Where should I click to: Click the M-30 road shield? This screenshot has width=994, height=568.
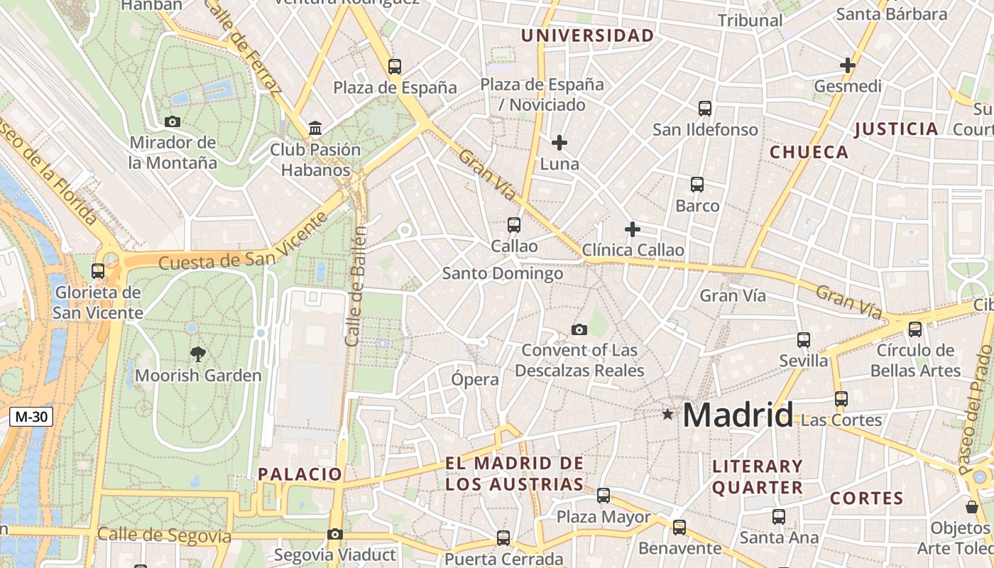(x=31, y=417)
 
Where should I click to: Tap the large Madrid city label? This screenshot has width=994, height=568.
(x=738, y=415)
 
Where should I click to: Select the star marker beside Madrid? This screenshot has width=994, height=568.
(x=667, y=414)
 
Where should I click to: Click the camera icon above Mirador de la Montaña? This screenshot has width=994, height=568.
(x=173, y=121)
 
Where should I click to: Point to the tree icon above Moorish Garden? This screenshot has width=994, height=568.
(x=198, y=353)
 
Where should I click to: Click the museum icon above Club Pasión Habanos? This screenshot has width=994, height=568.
(x=315, y=129)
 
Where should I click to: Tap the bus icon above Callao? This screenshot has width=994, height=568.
(x=514, y=225)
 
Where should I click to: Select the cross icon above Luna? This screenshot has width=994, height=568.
(x=559, y=143)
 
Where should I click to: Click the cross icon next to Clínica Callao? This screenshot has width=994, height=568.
(x=632, y=229)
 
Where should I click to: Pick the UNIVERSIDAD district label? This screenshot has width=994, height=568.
(x=587, y=35)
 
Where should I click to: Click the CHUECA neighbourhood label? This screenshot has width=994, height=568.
(x=809, y=152)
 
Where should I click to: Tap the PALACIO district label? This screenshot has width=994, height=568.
(x=300, y=474)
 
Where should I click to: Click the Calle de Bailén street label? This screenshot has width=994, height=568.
(x=356, y=285)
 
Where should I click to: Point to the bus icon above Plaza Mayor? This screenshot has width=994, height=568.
(x=603, y=496)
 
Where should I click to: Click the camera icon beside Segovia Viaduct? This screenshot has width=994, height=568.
(x=335, y=534)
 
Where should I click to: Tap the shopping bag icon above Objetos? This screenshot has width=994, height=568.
(x=972, y=507)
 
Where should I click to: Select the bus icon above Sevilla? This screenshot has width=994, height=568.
(x=804, y=340)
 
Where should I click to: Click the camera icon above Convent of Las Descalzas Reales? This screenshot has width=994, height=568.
(x=579, y=329)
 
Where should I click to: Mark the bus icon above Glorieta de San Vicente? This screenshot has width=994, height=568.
(x=98, y=271)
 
